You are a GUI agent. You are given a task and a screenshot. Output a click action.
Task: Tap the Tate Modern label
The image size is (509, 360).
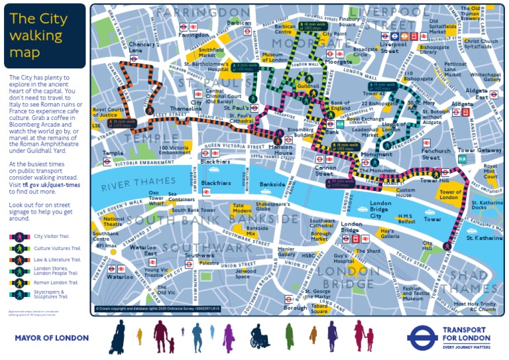241,209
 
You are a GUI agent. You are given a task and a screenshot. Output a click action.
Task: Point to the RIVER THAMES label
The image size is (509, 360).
129,183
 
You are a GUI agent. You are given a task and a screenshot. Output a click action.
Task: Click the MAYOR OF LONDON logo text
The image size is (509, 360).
51,338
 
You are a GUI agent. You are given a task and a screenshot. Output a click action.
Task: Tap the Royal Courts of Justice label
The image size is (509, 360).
109,112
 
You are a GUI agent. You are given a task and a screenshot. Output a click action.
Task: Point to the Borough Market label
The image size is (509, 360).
320,236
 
